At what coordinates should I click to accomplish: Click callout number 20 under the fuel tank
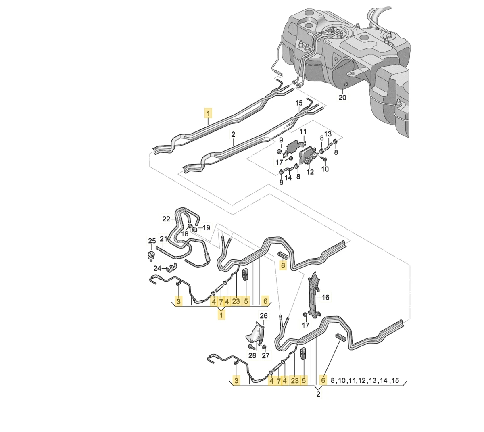tap(342, 98)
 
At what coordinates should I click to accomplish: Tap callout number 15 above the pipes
tap(299, 103)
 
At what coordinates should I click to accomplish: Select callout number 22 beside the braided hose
tap(166, 219)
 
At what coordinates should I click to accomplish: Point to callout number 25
tap(152, 241)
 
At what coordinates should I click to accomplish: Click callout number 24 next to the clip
tap(157, 268)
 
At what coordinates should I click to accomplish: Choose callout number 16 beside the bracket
tap(325, 297)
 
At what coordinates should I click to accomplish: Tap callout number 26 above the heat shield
tap(263, 316)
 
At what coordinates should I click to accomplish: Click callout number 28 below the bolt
tap(252, 355)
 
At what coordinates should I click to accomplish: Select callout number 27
tap(266, 355)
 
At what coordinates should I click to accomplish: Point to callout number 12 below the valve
tap(310, 172)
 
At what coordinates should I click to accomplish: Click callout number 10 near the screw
tap(325, 169)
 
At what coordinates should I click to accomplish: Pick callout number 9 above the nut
tap(281, 140)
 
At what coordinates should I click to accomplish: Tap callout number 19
tap(206, 227)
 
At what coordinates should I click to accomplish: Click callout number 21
tap(164, 239)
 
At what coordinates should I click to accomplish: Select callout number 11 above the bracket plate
tap(303, 131)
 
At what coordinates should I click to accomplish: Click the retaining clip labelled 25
tap(151, 255)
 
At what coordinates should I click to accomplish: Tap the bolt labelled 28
tap(251, 347)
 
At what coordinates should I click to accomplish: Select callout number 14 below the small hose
tap(288, 178)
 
